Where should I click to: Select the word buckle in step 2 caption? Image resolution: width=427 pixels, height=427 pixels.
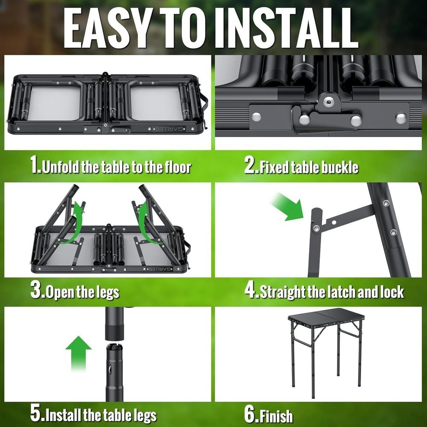click(x=338, y=167)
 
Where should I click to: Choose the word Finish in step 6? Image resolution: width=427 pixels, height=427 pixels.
click(x=276, y=415)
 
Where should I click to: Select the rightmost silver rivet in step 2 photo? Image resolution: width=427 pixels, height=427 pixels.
click(x=401, y=119)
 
